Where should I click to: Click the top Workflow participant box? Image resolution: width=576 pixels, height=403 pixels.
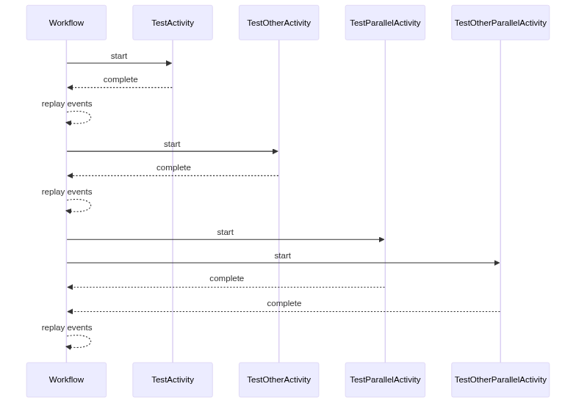click(x=66, y=23)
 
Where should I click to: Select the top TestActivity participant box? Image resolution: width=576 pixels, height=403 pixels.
click(x=173, y=23)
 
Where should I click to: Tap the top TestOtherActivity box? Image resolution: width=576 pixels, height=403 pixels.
click(x=278, y=23)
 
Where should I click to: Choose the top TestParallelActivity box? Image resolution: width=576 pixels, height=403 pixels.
click(x=385, y=23)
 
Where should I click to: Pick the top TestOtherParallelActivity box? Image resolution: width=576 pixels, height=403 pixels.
click(x=500, y=23)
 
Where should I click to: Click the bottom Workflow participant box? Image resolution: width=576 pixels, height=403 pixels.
click(x=66, y=380)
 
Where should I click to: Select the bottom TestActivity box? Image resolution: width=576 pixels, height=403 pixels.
click(x=173, y=380)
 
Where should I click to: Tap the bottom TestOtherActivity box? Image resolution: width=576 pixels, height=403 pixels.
click(x=278, y=380)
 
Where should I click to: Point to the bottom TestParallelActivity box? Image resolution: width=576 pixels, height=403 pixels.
click(x=385, y=380)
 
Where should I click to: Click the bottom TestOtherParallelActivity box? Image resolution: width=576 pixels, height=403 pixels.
click(x=500, y=380)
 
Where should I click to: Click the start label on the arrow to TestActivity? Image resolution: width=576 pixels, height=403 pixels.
click(x=119, y=56)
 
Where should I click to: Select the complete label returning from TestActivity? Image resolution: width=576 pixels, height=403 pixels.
click(x=120, y=79)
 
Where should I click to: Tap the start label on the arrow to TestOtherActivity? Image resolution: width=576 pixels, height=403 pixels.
click(x=172, y=144)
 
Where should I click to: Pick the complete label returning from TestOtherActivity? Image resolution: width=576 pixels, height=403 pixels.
click(x=173, y=167)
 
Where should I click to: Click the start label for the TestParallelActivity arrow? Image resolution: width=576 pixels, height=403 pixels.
click(x=225, y=232)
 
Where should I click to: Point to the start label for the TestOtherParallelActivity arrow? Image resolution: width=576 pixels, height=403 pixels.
click(x=283, y=255)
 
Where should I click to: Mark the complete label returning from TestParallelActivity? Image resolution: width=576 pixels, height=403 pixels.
click(x=226, y=278)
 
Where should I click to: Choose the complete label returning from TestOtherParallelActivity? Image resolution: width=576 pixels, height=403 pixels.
click(x=284, y=303)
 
